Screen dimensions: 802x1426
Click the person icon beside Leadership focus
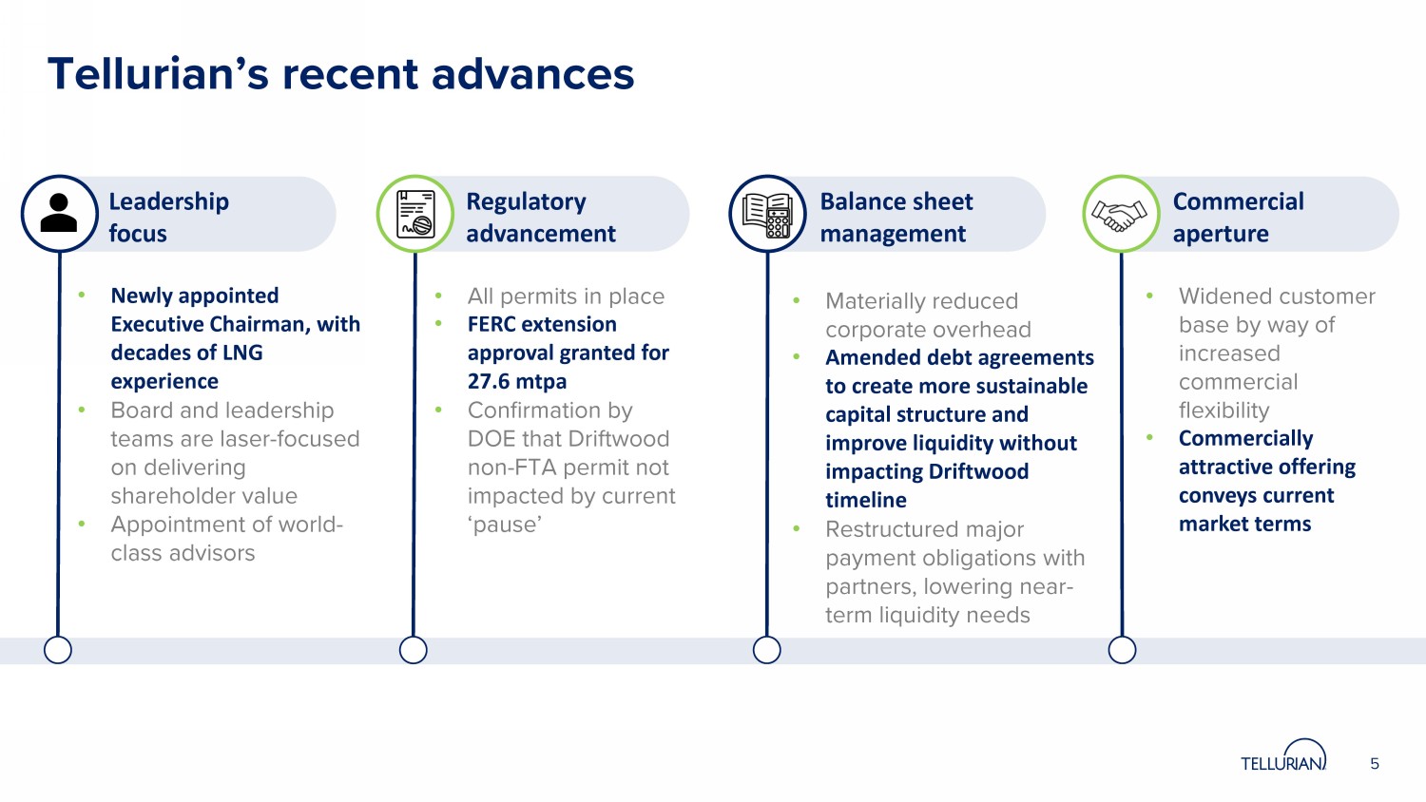[x=59, y=213]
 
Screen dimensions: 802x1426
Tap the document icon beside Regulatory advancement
[x=415, y=213]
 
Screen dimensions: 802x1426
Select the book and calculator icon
[x=767, y=214]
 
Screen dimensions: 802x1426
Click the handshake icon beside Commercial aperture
[x=1120, y=214]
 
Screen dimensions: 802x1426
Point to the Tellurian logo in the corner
[x=1283, y=757]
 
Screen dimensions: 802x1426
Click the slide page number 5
[x=1375, y=764]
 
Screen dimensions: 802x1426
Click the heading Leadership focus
[x=168, y=217]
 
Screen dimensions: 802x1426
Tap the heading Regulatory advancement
[x=540, y=217]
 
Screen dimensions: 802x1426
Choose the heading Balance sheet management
[x=896, y=217]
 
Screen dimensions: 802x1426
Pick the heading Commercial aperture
[x=1238, y=217]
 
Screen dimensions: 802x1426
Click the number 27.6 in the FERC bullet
[x=490, y=381]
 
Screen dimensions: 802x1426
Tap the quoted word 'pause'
[x=505, y=525]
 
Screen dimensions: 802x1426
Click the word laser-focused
[x=299, y=439]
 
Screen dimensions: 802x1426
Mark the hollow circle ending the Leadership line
[x=58, y=650]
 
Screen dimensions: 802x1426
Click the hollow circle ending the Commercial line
[x=1122, y=650]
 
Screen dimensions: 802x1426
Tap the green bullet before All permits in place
[x=438, y=296]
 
